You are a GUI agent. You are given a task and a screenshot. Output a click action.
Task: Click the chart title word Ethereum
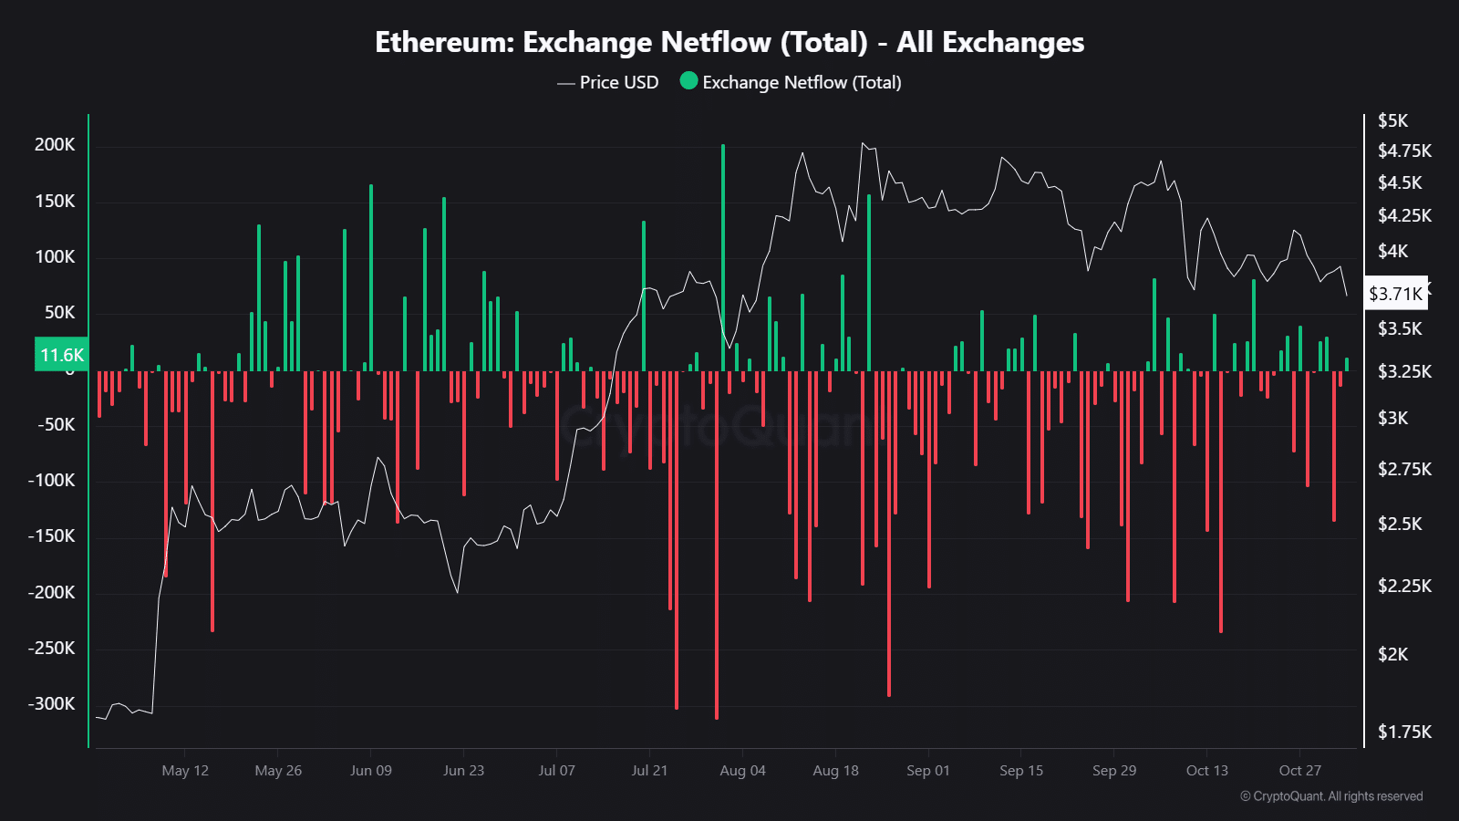444,43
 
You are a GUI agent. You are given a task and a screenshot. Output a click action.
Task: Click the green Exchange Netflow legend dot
688,81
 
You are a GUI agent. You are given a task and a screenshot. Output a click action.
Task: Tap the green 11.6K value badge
61,355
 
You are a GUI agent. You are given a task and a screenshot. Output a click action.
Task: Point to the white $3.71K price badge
1395,294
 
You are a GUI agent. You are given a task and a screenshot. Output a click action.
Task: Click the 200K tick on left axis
55,145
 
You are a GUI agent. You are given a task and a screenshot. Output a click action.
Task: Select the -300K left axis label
51,704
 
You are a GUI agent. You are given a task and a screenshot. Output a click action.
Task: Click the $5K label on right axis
1392,120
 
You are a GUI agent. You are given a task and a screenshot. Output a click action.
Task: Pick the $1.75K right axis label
1404,732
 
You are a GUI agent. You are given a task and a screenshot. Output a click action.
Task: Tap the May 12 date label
185,771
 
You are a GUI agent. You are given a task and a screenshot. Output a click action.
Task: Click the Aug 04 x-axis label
742,771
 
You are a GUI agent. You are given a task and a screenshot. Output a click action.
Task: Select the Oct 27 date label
1299,771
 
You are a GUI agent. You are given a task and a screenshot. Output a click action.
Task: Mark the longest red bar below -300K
717,547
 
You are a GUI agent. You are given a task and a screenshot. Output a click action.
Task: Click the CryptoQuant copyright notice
1330,796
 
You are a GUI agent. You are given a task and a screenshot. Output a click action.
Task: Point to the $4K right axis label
1392,251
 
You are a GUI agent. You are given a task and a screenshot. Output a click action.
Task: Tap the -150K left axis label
51,536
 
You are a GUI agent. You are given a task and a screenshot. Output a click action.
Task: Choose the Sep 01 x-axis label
927,771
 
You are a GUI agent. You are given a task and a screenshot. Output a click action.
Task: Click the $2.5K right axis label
1400,524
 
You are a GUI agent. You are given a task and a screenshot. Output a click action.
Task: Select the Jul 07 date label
556,771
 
